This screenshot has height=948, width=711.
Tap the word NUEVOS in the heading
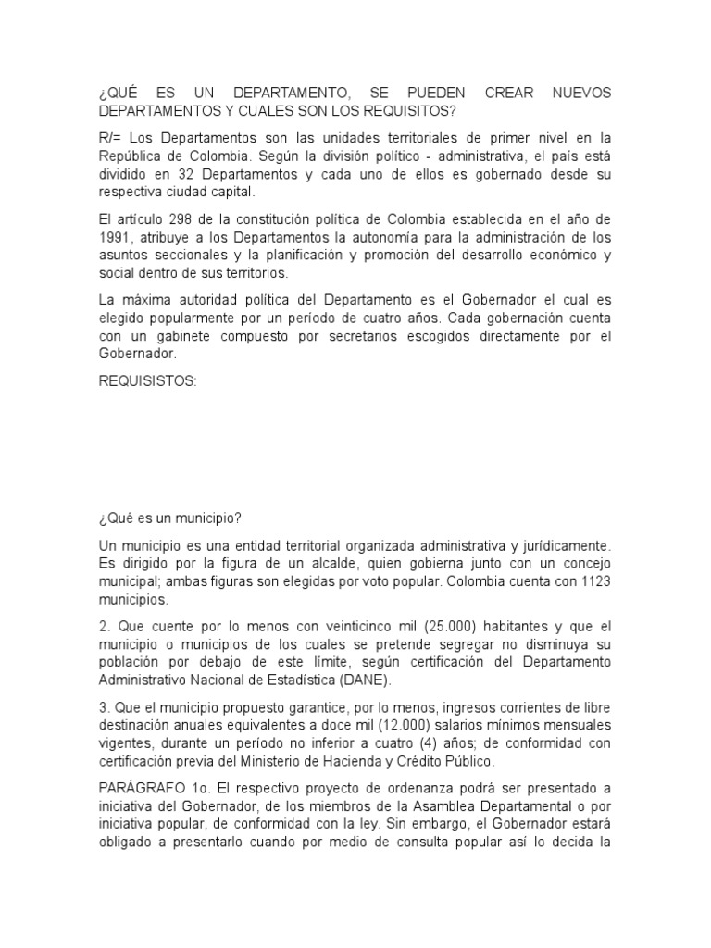[x=581, y=94]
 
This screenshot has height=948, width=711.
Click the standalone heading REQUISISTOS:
[x=147, y=380]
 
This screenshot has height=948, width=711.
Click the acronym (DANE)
[x=366, y=680]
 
